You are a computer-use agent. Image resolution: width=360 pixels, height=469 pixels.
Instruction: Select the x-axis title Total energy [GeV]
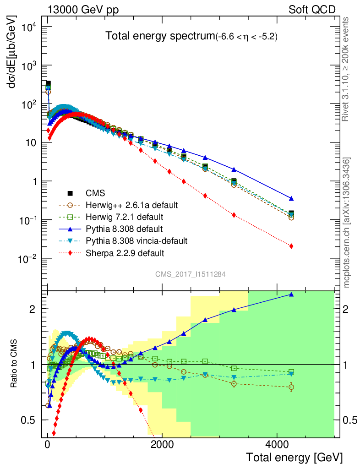294,457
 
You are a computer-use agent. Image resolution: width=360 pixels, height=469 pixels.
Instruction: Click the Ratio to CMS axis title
15,363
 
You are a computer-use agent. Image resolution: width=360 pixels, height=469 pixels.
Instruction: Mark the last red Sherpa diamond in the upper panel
291,246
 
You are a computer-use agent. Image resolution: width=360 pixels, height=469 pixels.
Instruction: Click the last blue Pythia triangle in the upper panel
291,198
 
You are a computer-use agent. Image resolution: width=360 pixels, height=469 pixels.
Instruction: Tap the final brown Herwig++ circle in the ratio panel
291,387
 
